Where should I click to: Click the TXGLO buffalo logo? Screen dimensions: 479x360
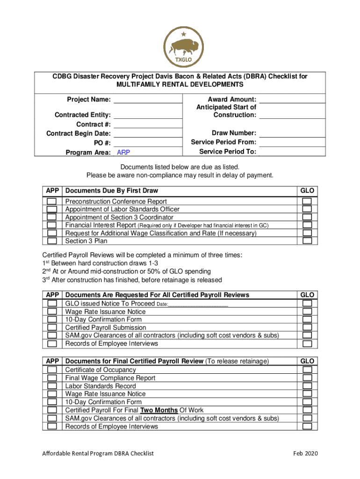pyautogui.click(x=180, y=48)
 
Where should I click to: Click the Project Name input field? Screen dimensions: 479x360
pyautogui.click(x=148, y=99)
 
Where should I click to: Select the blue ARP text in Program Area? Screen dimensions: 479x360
pyautogui.click(x=123, y=152)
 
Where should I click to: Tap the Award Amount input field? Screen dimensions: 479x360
pyautogui.click(x=292, y=99)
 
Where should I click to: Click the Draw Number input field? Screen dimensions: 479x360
pyautogui.click(x=292, y=133)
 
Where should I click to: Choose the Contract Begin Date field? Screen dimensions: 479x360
pyautogui.click(x=148, y=134)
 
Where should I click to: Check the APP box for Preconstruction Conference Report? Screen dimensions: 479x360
pyautogui.click(x=52, y=202)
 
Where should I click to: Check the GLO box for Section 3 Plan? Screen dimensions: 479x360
pyautogui.click(x=307, y=241)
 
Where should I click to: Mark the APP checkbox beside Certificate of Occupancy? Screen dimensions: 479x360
pyautogui.click(x=52, y=370)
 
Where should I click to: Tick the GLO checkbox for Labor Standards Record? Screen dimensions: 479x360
pyautogui.click(x=307, y=386)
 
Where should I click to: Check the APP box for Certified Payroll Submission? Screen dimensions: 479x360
pyautogui.click(x=52, y=327)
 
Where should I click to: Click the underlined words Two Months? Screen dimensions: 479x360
pyautogui.click(x=159, y=410)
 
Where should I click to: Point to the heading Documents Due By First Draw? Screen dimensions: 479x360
pyautogui.click(x=112, y=190)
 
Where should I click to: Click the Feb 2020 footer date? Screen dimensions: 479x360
pyautogui.click(x=306, y=453)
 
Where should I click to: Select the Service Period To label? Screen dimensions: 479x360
pyautogui.click(x=227, y=152)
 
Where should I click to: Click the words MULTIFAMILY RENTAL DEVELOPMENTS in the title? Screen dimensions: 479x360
pyautogui.click(x=180, y=85)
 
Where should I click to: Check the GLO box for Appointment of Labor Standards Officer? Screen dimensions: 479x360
pyautogui.click(x=307, y=209)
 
